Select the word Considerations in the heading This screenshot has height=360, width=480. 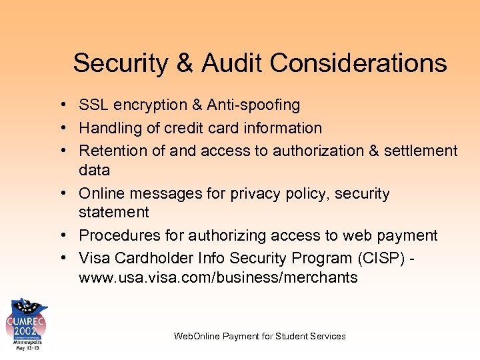coord(359,63)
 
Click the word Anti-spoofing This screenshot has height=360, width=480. coord(253,105)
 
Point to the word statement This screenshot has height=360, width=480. coord(113,212)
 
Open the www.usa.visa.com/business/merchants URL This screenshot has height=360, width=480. coord(218,277)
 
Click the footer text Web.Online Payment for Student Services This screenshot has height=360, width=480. coord(259,336)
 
